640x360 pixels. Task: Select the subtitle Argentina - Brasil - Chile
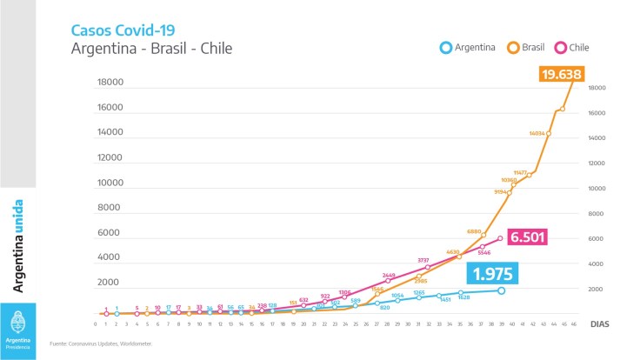click(x=151, y=48)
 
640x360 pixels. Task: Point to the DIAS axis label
click(x=600, y=323)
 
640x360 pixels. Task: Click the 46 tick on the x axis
click(x=573, y=323)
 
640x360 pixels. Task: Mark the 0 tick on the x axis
click(x=96, y=323)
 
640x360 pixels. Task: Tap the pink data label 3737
click(x=423, y=260)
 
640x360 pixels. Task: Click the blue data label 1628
click(x=464, y=298)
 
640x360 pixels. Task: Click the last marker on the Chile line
click(x=501, y=238)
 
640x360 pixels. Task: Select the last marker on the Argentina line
click(x=501, y=290)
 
